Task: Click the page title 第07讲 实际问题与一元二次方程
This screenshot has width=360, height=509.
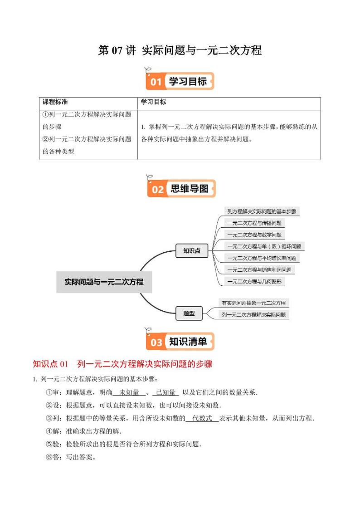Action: tap(180, 50)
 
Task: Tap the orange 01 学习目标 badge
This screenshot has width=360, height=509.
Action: tap(180, 82)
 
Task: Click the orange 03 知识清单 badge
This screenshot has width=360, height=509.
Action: tap(180, 342)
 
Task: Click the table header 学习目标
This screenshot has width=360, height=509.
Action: tap(154, 102)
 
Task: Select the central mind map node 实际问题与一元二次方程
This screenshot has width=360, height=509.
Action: tap(104, 282)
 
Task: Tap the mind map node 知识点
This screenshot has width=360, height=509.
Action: tap(192, 250)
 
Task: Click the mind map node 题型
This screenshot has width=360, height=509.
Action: tap(189, 313)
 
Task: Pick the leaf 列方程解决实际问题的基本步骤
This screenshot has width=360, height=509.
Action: tap(262, 211)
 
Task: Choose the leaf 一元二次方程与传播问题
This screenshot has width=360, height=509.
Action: tap(254, 223)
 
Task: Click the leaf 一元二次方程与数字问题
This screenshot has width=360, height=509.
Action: tap(254, 235)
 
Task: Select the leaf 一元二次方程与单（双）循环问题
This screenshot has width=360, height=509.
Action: tap(264, 247)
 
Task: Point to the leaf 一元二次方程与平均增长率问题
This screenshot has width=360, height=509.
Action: tap(262, 258)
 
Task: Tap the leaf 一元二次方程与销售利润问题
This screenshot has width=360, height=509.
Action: tap(259, 270)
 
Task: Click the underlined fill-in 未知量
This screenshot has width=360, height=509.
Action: tap(129, 392)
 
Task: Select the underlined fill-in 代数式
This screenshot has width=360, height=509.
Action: tap(202, 418)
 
